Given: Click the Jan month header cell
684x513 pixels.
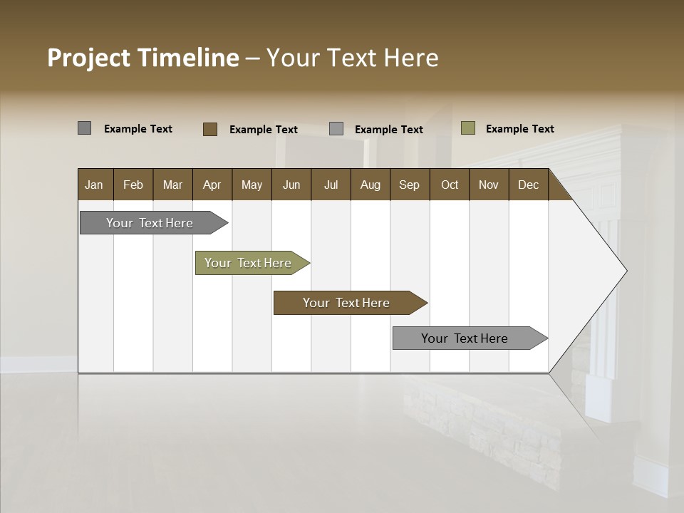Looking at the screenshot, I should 95,185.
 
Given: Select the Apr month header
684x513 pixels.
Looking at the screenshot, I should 212,185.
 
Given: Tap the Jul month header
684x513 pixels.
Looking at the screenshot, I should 331,185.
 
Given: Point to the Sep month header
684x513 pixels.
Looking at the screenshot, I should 410,185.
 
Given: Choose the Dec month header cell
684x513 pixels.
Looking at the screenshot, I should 528,185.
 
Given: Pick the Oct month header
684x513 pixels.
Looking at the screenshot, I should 450,185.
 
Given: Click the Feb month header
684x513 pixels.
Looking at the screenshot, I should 133,185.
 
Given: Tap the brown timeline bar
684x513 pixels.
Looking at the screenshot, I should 347,303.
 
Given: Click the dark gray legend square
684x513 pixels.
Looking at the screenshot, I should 84,128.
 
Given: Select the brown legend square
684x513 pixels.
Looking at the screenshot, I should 209,129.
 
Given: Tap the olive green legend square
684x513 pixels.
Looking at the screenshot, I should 468,128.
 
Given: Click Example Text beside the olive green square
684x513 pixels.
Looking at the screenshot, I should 519,129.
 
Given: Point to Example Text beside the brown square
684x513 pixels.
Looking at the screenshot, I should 263,130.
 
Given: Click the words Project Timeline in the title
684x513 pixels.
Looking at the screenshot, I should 142,58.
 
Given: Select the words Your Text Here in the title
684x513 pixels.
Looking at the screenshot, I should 352,58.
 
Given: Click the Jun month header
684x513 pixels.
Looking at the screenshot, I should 291,185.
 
